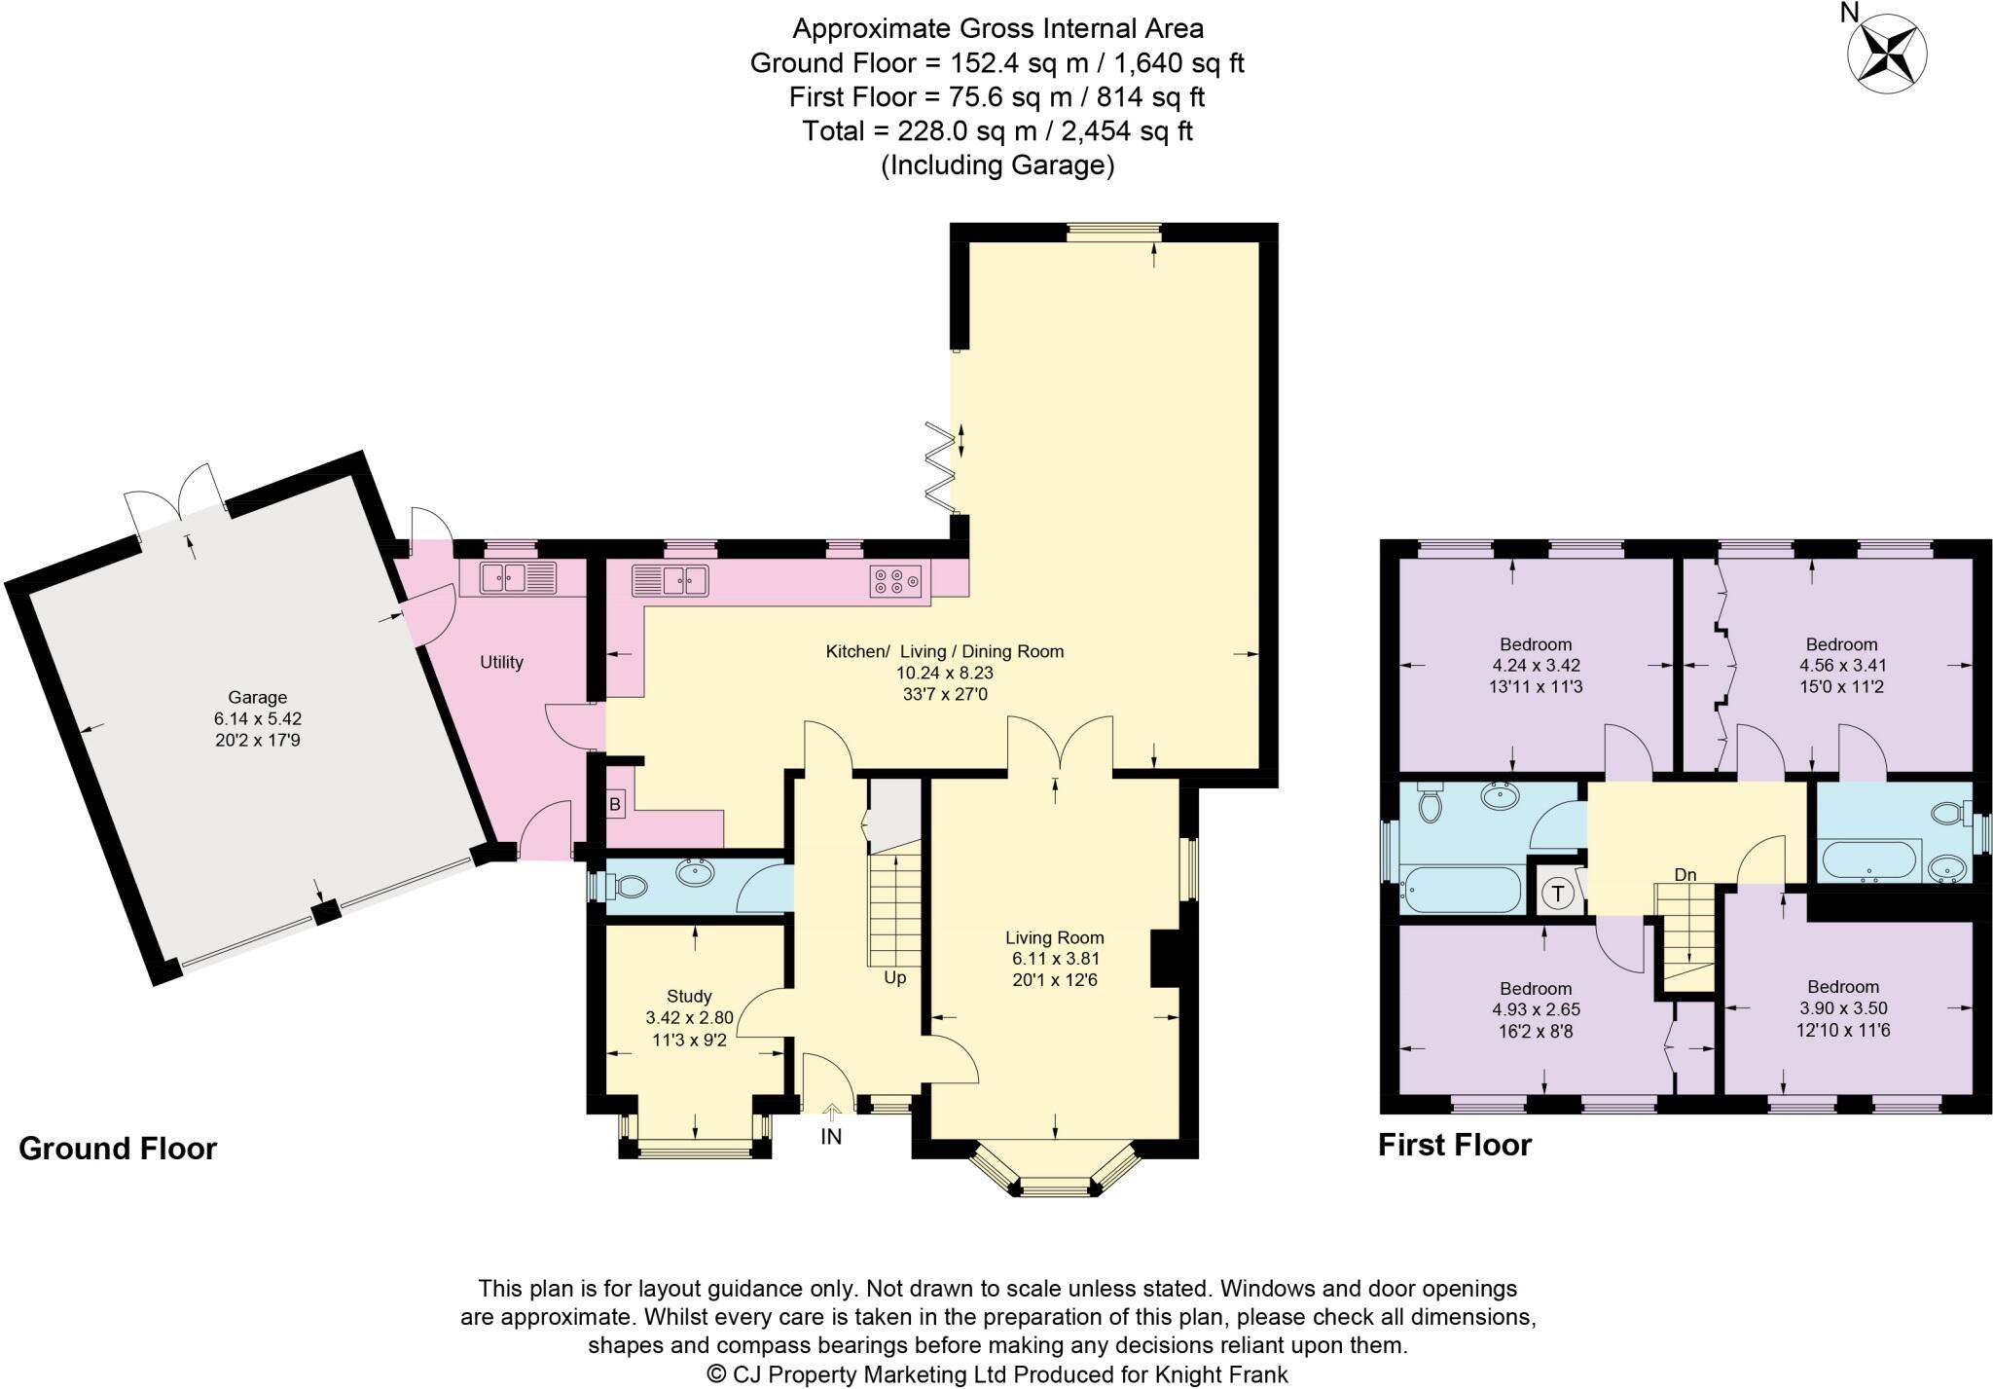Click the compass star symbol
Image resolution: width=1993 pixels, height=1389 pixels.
coord(1887,53)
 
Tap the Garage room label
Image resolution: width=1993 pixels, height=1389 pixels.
coord(258,697)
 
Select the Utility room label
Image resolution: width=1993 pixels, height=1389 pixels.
coord(501,662)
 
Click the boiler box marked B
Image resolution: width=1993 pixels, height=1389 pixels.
coord(615,805)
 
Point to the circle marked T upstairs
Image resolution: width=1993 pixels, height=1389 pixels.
coord(1559,893)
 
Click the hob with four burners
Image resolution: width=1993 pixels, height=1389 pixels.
coord(895,580)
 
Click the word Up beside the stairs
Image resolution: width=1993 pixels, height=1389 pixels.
coord(894,977)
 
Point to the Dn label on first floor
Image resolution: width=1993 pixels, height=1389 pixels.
coord(1685,875)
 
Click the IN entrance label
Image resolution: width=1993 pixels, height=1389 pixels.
coord(831,1136)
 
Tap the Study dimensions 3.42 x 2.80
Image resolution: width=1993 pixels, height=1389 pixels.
coord(689,1017)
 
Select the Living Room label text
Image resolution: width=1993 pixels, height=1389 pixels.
coord(1055,938)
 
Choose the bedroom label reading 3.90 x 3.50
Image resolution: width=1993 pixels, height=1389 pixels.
coord(1843,1008)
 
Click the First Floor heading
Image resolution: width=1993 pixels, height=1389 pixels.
coord(1454,1145)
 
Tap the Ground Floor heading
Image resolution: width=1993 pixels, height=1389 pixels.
coord(118,1149)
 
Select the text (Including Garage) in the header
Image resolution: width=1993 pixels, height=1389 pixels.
coord(996,165)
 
